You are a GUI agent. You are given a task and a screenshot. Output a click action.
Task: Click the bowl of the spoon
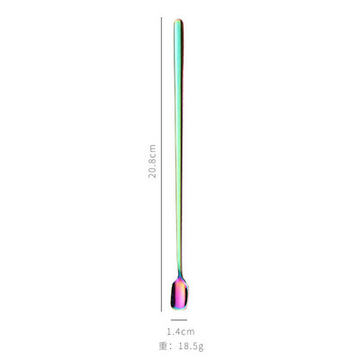click(179, 293)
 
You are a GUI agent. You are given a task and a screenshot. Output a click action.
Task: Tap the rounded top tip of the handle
click(178, 20)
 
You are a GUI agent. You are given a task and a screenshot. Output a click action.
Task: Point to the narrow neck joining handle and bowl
click(180, 273)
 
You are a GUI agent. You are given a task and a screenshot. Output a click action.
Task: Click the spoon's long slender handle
click(178, 144)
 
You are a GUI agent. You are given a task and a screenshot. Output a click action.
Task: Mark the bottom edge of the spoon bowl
click(179, 309)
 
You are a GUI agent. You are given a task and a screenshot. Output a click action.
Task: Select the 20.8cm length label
click(152, 161)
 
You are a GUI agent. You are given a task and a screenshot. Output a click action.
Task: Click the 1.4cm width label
click(181, 332)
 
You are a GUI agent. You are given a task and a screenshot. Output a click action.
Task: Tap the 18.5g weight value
click(191, 347)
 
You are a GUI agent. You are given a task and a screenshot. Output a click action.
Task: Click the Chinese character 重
click(163, 346)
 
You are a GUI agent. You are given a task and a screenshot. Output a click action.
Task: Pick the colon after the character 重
click(171, 347)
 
